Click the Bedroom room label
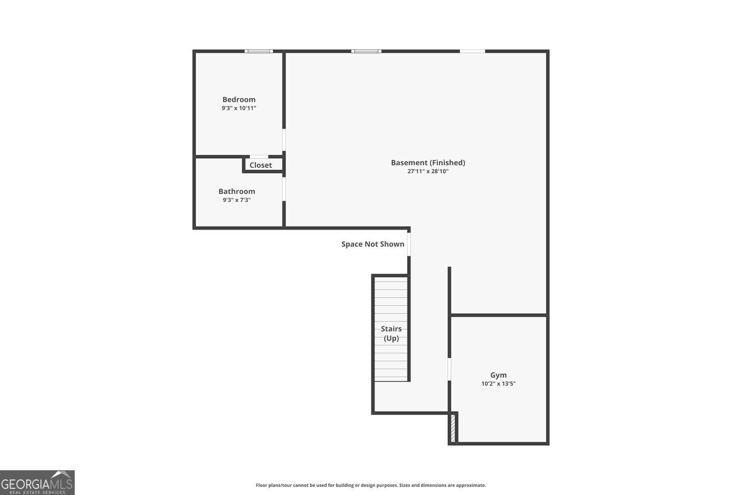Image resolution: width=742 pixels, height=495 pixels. (239, 99)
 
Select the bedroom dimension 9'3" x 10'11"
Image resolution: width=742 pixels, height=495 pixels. (239, 108)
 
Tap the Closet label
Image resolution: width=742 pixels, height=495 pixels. (261, 165)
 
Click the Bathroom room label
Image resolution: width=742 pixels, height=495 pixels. (237, 192)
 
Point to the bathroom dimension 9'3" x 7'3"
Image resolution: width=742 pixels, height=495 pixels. (237, 200)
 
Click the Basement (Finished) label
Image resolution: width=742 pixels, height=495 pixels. (428, 163)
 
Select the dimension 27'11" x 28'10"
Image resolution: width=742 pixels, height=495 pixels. (428, 171)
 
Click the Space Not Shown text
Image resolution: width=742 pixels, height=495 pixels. (372, 244)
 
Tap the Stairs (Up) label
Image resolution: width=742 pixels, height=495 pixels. (391, 334)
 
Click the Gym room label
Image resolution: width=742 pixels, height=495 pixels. (499, 375)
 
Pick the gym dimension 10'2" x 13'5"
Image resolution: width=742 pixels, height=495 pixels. (499, 384)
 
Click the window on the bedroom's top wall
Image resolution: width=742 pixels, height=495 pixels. (259, 51)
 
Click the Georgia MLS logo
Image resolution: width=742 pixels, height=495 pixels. (37, 483)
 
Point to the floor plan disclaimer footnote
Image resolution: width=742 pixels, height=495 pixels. (371, 485)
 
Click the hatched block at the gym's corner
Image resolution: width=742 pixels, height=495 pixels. (453, 429)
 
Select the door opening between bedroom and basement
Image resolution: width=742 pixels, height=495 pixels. (284, 140)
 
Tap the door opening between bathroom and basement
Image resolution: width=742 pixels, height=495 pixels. (284, 189)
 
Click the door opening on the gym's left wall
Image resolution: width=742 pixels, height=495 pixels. (449, 369)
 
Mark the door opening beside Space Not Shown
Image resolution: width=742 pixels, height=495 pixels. (409, 244)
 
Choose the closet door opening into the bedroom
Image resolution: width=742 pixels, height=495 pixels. (259, 157)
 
